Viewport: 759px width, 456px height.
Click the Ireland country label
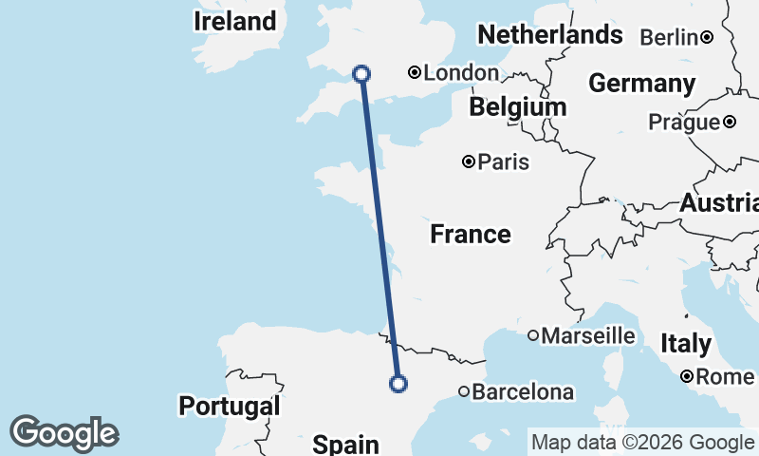[x=234, y=21]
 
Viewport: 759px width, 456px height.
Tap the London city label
[x=461, y=73]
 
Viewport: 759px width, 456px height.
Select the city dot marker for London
[x=415, y=72]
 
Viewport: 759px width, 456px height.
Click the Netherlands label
[x=550, y=35]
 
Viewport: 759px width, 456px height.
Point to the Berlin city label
[x=670, y=37]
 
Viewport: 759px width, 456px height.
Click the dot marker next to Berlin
[x=707, y=37]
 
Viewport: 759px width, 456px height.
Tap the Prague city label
[x=684, y=123]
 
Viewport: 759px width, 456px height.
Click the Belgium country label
[x=518, y=107]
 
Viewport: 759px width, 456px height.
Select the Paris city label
[x=504, y=162]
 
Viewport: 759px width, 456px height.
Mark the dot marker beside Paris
[x=468, y=161]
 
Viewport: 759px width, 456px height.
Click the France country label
[x=471, y=234]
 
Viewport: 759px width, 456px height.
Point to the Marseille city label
[x=588, y=335]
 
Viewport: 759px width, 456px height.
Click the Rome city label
[x=725, y=377]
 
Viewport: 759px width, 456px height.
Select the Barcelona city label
[x=523, y=391]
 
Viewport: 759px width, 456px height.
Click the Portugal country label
[x=230, y=406]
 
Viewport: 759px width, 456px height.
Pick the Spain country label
[x=346, y=443]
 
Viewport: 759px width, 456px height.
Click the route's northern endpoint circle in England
[x=361, y=73]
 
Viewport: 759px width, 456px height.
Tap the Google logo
[x=64, y=432]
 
